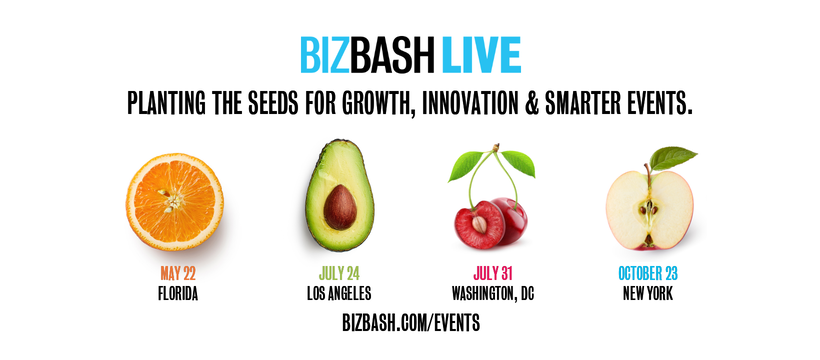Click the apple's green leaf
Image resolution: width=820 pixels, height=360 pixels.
(x=673, y=158)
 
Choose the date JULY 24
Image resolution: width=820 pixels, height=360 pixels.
(x=339, y=273)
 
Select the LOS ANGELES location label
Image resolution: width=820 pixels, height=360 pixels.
(x=339, y=293)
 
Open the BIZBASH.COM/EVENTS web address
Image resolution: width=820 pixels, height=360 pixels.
(x=410, y=324)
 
